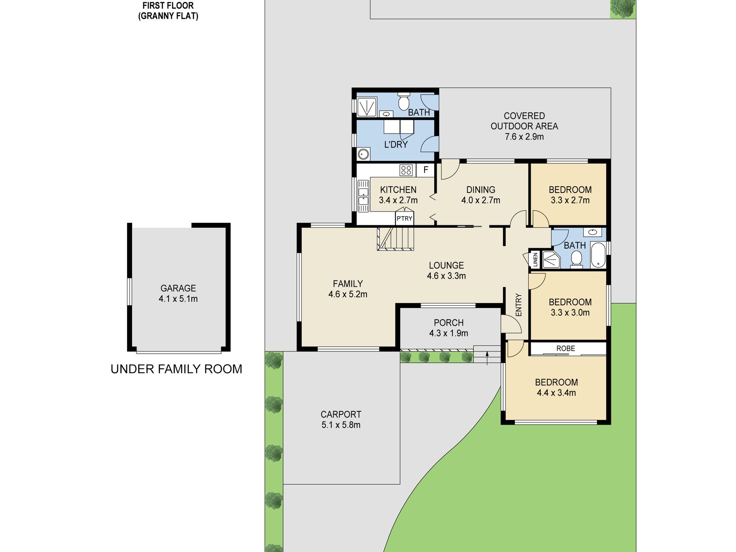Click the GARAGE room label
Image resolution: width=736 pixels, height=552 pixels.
click(x=178, y=288)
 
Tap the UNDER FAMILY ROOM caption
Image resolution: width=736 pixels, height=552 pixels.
click(x=176, y=369)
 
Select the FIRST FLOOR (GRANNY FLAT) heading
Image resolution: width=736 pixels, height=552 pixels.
click(x=168, y=11)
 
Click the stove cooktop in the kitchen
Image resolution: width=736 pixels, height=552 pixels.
click(x=406, y=170)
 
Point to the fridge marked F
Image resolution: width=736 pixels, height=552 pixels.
click(x=425, y=170)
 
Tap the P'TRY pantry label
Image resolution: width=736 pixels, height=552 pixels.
click(x=404, y=218)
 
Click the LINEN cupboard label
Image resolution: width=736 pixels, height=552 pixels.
click(x=535, y=259)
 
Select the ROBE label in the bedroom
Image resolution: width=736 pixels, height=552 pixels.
click(x=566, y=348)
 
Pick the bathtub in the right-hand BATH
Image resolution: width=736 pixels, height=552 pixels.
click(x=598, y=255)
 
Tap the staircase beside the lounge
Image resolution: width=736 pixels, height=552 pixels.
click(x=396, y=239)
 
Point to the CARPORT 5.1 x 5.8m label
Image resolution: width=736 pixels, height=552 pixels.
click(x=341, y=420)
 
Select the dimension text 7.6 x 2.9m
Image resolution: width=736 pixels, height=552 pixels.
click(x=524, y=137)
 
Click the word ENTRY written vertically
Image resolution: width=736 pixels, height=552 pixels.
click(x=519, y=305)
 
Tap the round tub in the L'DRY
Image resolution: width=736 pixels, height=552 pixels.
click(x=363, y=154)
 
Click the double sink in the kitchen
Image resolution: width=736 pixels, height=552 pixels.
click(x=363, y=196)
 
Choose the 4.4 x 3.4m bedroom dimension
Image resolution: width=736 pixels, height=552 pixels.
click(x=556, y=393)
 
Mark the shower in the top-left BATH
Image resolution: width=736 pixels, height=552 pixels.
click(x=366, y=107)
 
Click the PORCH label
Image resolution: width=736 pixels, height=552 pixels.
click(x=449, y=323)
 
